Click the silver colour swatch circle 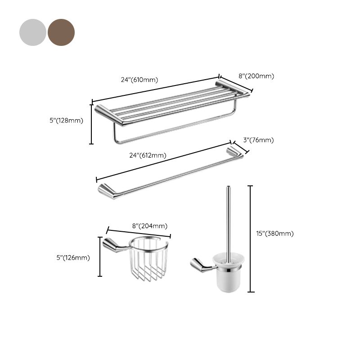(32, 32)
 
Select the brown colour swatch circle (61, 32)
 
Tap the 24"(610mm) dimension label (139, 80)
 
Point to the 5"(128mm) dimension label (67, 120)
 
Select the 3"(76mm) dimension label (258, 140)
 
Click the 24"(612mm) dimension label (148, 155)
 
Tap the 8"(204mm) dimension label (149, 226)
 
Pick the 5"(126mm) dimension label (73, 258)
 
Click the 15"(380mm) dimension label (274, 233)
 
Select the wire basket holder (149, 261)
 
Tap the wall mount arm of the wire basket (114, 245)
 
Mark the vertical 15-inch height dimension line (251, 238)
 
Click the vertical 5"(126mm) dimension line (100, 256)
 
